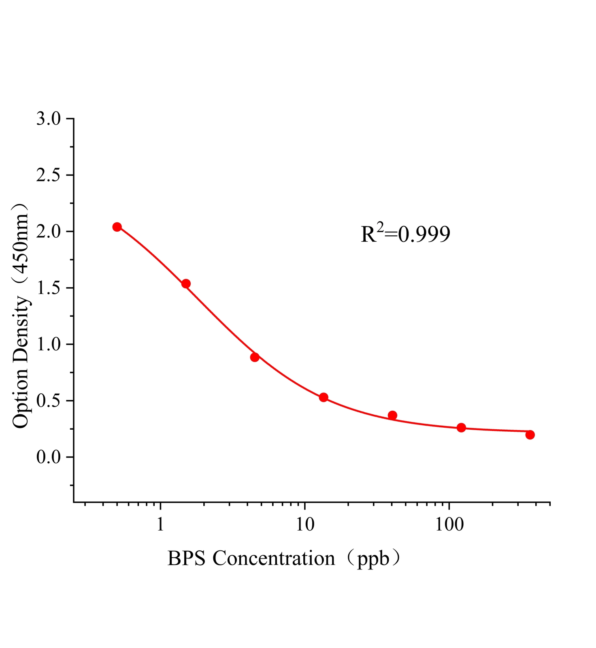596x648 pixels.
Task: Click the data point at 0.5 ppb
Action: click(x=117, y=227)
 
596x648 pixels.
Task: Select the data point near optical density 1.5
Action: click(x=186, y=283)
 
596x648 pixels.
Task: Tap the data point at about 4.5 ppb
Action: click(x=255, y=357)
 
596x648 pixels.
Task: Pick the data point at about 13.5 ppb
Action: click(x=324, y=397)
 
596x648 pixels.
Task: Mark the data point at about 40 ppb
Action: click(x=392, y=415)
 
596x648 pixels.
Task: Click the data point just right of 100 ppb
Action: click(x=461, y=428)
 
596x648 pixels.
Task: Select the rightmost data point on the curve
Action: click(x=530, y=435)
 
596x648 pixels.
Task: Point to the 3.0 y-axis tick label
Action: click(x=48, y=119)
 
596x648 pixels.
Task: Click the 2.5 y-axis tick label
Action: click(x=48, y=175)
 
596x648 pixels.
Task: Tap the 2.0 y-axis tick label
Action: click(x=48, y=232)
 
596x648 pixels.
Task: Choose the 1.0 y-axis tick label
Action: click(x=48, y=345)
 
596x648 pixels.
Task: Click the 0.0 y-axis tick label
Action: click(x=48, y=458)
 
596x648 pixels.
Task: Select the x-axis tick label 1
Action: click(x=160, y=525)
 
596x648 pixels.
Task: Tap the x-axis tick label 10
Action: click(x=304, y=525)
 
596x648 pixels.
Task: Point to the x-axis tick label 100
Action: click(x=449, y=525)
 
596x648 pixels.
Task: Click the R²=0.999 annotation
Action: click(x=405, y=234)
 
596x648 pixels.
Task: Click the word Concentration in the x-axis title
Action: click(x=274, y=559)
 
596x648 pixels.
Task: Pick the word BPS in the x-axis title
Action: click(x=187, y=559)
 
